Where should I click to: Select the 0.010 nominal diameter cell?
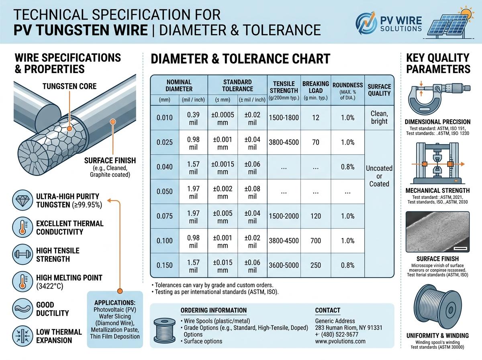point(164,118)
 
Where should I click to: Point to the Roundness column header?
point(347,90)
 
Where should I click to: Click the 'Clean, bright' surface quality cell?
point(379,117)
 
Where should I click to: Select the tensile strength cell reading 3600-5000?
point(283,265)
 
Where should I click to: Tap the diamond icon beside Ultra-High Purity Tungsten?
point(20,201)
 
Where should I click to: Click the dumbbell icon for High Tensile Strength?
point(20,254)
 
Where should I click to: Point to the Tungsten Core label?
point(69,86)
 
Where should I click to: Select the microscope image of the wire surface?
point(437,232)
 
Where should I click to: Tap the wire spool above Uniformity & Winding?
point(437,307)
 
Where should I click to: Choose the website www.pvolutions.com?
point(340,341)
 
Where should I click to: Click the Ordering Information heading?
point(213,310)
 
